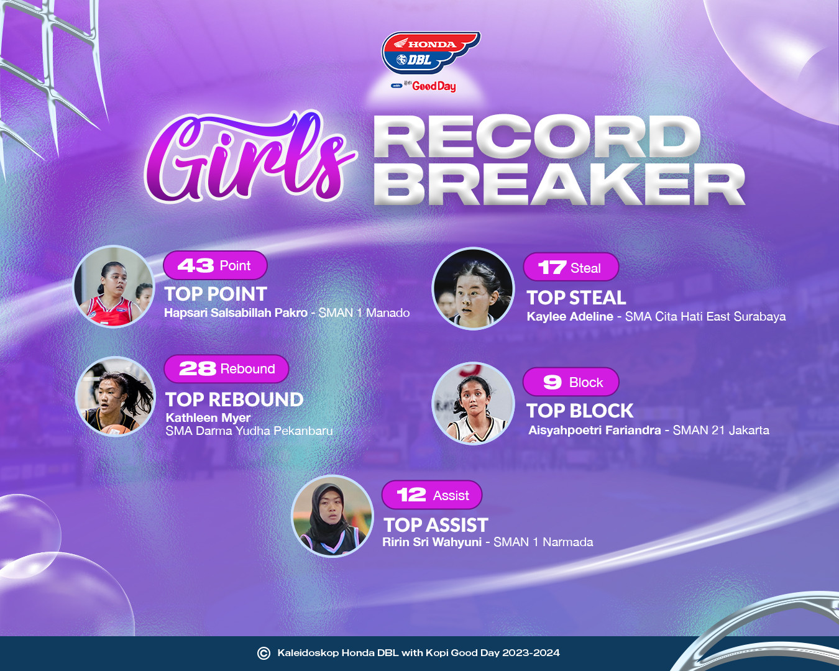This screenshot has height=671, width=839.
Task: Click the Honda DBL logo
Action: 431,53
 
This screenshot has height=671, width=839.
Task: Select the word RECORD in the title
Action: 537,137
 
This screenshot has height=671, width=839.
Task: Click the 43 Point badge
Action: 215,265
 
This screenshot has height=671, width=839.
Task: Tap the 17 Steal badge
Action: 571,267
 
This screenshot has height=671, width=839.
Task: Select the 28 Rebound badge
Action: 226,369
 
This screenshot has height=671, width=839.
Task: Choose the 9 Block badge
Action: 571,382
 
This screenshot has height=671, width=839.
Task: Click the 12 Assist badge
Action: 432,495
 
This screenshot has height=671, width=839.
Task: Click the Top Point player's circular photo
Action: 114,286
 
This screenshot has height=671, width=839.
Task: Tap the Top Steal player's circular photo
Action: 473,288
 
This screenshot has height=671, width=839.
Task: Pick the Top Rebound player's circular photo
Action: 116,396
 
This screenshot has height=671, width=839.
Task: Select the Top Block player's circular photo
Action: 473,404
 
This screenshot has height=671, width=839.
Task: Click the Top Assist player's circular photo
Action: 332,516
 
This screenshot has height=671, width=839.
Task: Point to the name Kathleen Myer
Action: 208,418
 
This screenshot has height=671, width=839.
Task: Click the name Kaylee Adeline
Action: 570,316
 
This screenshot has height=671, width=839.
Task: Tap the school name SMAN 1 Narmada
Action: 543,542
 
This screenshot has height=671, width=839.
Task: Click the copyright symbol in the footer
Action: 264,653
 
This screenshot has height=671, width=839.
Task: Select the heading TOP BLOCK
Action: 580,411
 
